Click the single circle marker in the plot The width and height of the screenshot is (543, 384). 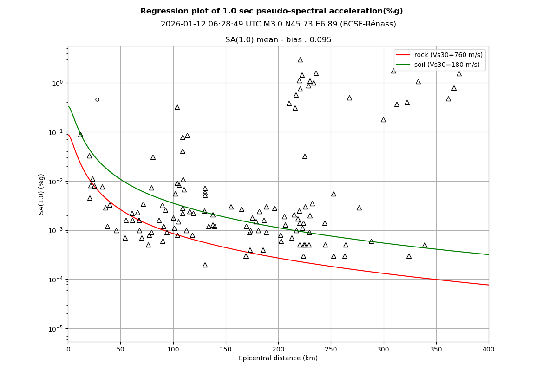point(97,99)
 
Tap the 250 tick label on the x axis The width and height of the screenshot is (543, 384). point(331,349)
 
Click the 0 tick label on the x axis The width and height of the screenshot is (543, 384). point(68,349)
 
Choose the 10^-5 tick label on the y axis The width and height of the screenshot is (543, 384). point(56,329)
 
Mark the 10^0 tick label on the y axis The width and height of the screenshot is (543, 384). point(57,83)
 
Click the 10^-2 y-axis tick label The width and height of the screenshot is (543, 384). point(56,181)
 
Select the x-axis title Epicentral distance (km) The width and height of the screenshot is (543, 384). point(278,358)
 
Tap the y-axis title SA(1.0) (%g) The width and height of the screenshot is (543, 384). point(42,194)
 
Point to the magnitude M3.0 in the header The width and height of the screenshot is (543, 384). point(252,24)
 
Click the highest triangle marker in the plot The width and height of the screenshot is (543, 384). point(300,59)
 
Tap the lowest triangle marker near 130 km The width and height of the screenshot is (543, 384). point(205,265)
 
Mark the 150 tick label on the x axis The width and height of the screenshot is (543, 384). point(226,349)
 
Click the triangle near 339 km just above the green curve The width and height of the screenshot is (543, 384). point(425,245)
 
